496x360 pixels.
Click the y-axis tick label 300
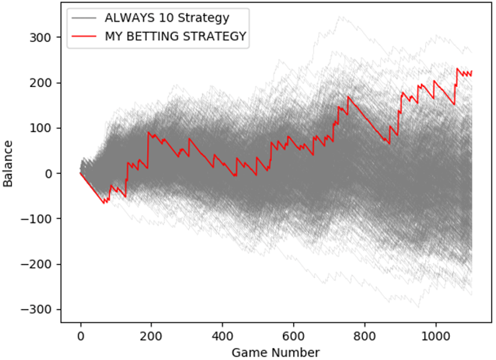pyautogui.click(x=44, y=37)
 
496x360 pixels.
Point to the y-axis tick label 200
pyautogui.click(x=44, y=83)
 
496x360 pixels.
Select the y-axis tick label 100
pyautogui.click(x=44, y=128)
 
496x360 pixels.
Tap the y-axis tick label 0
pyautogui.click(x=51, y=173)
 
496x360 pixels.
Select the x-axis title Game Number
pyautogui.click(x=276, y=352)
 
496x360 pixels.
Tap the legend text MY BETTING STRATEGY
pyautogui.click(x=175, y=36)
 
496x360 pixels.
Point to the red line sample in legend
pyautogui.click(x=85, y=37)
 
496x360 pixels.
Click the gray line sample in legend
pyautogui.click(x=85, y=18)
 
